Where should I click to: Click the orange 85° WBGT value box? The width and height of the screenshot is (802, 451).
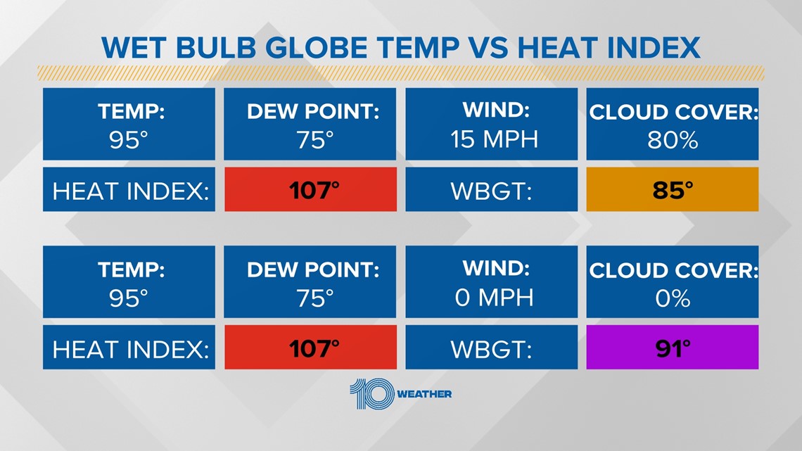[672, 189]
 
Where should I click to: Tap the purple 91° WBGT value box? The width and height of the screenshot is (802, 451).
[672, 347]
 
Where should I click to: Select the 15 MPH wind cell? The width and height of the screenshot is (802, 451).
[492, 125]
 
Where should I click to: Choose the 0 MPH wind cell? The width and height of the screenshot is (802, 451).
[492, 281]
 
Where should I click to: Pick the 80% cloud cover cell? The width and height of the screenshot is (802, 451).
[672, 125]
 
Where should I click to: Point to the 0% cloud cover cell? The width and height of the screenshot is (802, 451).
[672, 281]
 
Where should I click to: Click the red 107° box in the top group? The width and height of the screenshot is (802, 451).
[310, 189]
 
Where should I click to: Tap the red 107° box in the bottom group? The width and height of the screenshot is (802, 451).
[310, 347]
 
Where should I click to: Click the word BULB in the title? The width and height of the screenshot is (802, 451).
[216, 48]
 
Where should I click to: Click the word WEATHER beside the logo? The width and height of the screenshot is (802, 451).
[424, 394]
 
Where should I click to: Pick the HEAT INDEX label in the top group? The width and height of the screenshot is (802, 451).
[130, 191]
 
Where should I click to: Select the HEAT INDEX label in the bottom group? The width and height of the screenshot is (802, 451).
[130, 349]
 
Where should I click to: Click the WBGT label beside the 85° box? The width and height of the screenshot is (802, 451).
[491, 191]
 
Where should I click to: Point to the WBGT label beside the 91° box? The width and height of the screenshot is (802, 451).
[491, 349]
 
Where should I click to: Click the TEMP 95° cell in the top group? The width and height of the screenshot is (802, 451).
[129, 125]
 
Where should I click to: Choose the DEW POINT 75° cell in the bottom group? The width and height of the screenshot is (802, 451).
[310, 281]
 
